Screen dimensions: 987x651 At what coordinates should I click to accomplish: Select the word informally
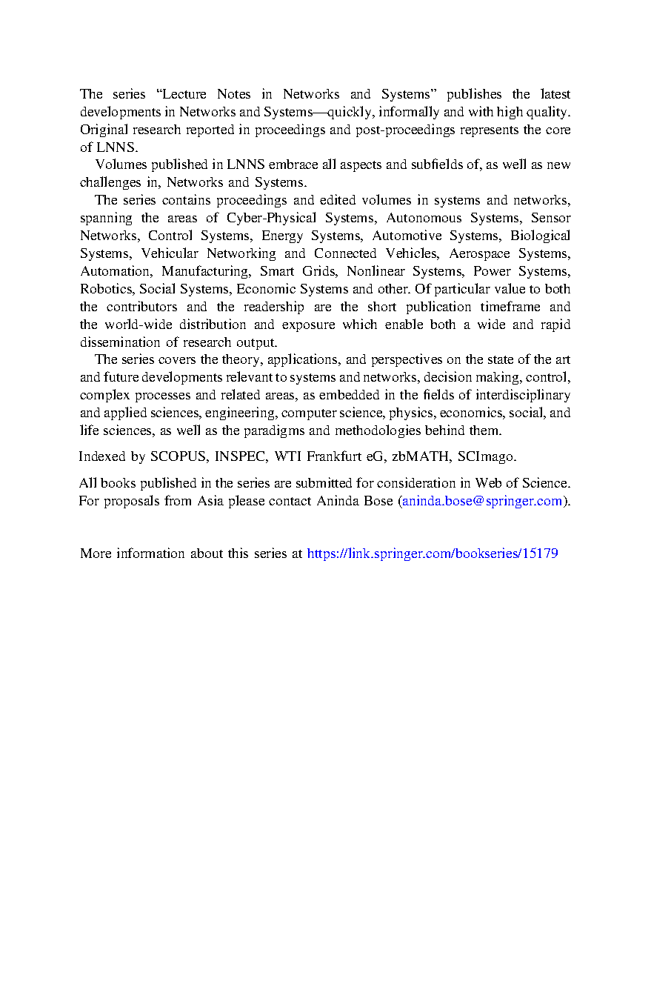coord(401,112)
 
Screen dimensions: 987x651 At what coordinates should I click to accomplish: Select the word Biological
coord(541,236)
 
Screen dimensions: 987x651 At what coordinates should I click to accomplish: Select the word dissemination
coord(120,342)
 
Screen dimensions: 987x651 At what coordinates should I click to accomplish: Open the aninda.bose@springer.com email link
coord(482,501)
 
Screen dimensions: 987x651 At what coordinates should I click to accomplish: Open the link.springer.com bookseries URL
coord(432,554)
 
